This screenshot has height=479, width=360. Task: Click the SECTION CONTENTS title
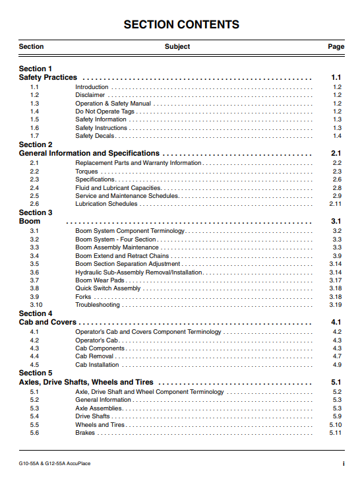(x=181, y=25)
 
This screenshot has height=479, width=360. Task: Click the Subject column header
(x=177, y=47)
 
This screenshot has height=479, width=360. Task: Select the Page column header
(x=336, y=47)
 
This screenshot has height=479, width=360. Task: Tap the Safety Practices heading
(x=48, y=78)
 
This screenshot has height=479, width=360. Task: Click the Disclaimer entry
(x=90, y=95)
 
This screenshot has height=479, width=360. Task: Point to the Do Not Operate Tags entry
(x=105, y=112)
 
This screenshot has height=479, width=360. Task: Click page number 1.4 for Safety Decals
(x=337, y=136)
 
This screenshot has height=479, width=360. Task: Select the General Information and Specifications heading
(x=89, y=154)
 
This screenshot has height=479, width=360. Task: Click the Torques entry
(x=86, y=172)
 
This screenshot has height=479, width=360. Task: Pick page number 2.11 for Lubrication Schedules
(x=336, y=204)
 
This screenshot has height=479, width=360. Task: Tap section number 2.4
(x=34, y=188)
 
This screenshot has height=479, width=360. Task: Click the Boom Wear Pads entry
(x=100, y=280)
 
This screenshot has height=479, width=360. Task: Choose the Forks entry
(x=83, y=297)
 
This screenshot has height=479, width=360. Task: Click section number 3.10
(x=36, y=305)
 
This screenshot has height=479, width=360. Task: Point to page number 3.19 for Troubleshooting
(x=336, y=305)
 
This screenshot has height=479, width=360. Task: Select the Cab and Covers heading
(x=48, y=322)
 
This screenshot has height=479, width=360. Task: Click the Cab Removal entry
(x=94, y=356)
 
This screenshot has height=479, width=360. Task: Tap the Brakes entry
(x=85, y=433)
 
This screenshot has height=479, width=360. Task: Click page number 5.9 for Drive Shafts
(x=337, y=416)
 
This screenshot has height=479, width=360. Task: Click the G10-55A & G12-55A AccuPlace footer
(x=55, y=463)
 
